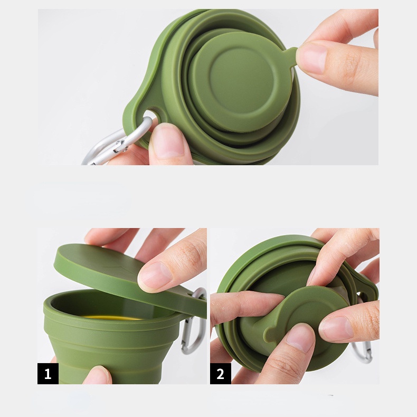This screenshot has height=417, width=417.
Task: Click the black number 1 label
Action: coord(48,373)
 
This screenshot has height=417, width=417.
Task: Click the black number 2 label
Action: coord(221,373)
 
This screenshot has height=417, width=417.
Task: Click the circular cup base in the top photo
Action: coord(241,82)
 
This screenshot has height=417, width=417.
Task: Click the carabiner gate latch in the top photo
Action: coord(121,146)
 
